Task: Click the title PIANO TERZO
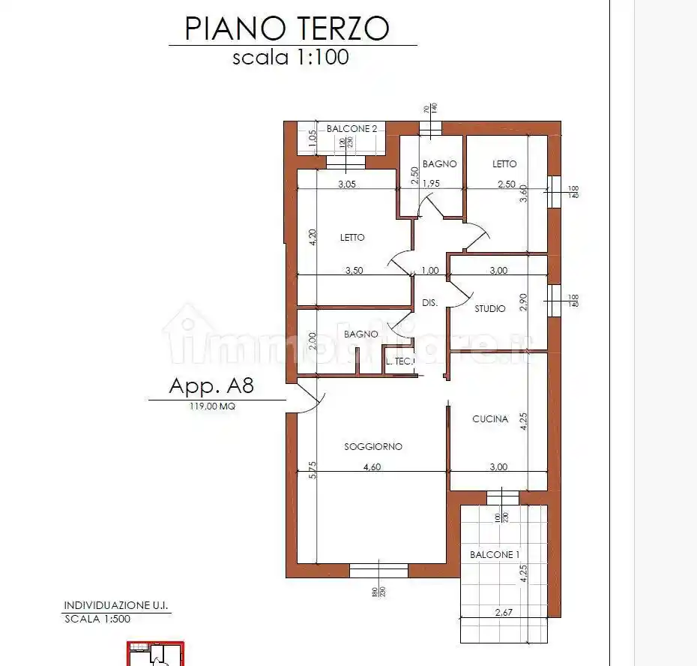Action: [287, 28]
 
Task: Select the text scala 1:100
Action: [290, 57]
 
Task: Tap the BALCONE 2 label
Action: [351, 129]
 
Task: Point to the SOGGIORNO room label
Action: [373, 446]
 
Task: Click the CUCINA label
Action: [490, 419]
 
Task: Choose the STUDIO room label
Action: [490, 308]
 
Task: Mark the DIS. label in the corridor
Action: [430, 303]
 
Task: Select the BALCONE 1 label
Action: [495, 555]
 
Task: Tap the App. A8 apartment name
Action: [212, 386]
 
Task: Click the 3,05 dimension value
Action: [346, 184]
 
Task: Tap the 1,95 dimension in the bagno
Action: [431, 184]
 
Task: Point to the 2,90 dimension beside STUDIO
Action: [523, 301]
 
